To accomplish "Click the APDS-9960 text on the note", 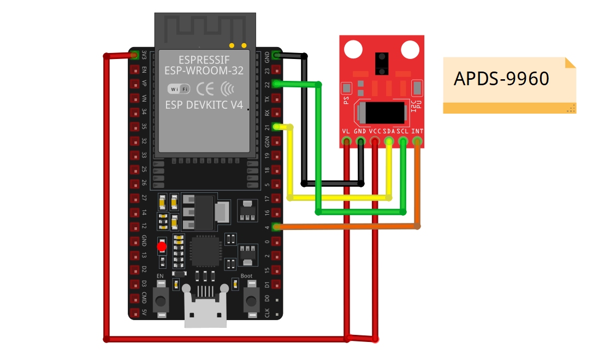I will tap(501, 79).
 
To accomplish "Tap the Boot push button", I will tap(251, 299).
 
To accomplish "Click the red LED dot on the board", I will tap(162, 247).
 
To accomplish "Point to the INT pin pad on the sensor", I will tap(417, 142).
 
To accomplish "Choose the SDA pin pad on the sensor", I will tap(389, 142).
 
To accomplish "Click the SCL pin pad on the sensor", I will tap(403, 142).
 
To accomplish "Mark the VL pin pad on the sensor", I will tap(346, 142).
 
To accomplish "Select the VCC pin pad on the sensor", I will tap(375, 142).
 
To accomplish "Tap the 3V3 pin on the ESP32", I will tap(135, 55).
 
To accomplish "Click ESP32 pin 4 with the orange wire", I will tap(276, 226).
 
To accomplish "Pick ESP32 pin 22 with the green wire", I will tap(276, 84).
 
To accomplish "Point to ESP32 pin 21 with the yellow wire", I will tap(276, 127).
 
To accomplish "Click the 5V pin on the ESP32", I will tap(135, 313).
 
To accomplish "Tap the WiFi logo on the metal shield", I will tap(178, 88).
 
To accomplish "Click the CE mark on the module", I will tap(205, 88).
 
